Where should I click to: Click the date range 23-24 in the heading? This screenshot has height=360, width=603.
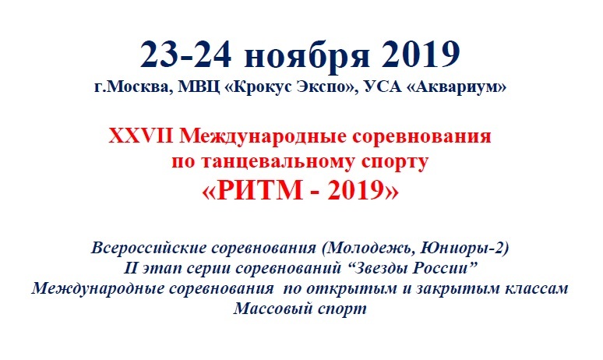(186, 55)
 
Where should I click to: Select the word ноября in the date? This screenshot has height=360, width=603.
(307, 58)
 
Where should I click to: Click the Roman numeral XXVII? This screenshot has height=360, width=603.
(140, 136)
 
